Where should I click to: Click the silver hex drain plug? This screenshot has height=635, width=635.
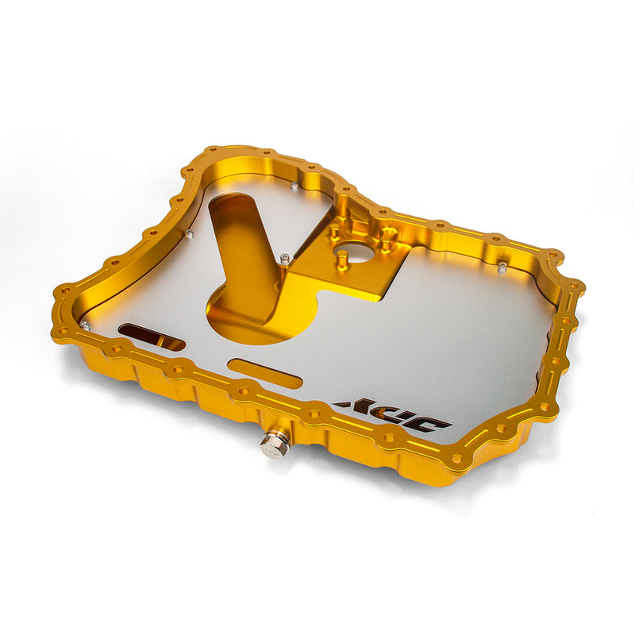275,445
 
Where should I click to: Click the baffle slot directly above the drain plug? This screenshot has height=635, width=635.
264,373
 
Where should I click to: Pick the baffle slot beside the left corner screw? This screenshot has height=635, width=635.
151,337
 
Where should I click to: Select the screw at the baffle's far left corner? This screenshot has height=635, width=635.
84,325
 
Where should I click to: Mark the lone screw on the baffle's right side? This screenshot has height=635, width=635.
502,266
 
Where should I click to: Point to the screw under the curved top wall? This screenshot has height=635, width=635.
294,187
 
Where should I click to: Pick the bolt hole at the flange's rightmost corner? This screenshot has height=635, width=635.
577,285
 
